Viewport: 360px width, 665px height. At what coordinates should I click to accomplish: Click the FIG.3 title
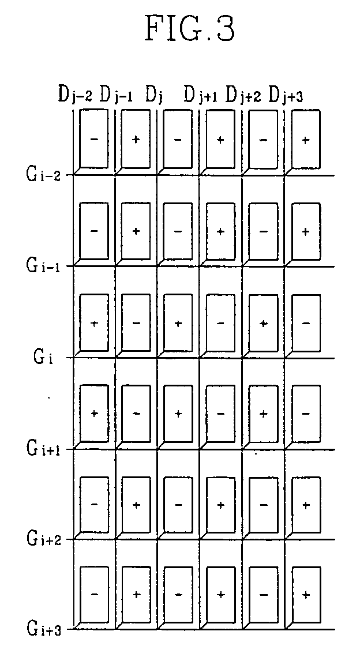coord(190,29)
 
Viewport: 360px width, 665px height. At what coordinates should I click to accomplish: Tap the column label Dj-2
coord(74,93)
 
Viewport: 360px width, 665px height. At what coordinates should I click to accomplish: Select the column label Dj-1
coord(117,93)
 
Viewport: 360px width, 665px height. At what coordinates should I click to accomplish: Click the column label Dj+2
coord(243,93)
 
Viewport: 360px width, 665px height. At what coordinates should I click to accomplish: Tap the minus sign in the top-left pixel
coord(94,140)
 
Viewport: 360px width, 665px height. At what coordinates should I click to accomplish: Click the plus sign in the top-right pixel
coord(306,140)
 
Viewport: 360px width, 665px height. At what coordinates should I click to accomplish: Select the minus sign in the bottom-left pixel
coord(94,594)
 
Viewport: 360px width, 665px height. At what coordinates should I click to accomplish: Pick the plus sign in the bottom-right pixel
coord(306,594)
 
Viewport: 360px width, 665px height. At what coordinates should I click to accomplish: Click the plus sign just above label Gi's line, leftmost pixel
coord(94,323)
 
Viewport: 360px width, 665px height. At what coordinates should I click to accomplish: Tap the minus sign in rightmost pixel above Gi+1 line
coord(306,414)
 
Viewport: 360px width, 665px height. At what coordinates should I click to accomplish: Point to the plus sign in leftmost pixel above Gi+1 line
coord(94,414)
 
